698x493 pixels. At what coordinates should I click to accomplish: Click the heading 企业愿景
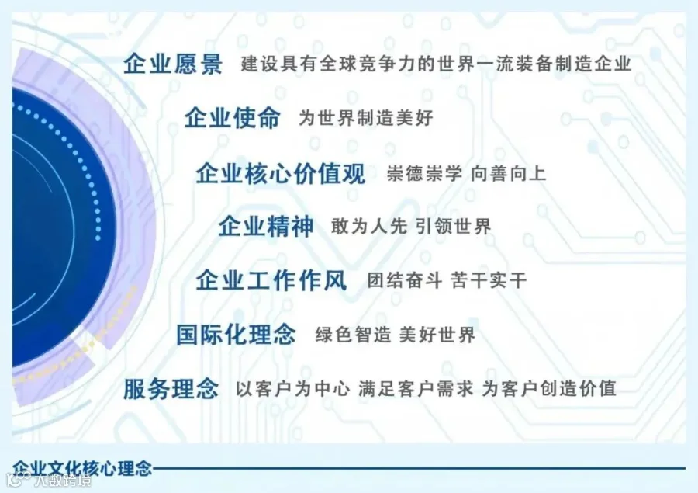pos(173,64)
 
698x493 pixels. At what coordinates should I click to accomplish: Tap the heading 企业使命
pos(233,118)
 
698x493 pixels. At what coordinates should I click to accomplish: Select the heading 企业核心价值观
pos(281,173)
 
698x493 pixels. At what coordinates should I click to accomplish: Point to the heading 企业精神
pos(266,227)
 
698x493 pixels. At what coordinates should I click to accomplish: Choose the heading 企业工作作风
pos(271,281)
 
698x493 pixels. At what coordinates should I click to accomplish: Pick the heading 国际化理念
pos(236,335)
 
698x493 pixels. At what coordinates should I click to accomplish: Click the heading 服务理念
pos(171,389)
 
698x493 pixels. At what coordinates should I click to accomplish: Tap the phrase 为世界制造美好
pos(365,118)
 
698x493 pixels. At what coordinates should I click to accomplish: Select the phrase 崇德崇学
pos(424,173)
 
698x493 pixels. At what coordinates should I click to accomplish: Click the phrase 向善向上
pos(508,173)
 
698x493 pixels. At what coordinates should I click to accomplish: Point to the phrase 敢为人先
pos(369,227)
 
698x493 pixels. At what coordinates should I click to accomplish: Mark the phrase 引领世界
pos(454,227)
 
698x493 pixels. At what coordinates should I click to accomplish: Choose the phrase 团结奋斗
pos(405,281)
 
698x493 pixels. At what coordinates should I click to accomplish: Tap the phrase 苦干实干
pos(489,281)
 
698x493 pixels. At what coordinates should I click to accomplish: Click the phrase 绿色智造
pos(354,335)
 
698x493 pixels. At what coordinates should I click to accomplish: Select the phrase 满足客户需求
pos(416,389)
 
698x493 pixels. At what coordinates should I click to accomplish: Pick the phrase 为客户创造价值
pos(549,389)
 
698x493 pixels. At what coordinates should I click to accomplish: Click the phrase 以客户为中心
pos(293,389)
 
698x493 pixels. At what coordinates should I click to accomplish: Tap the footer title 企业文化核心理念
pos(82,469)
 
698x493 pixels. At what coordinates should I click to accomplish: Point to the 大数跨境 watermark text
pos(63,481)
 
